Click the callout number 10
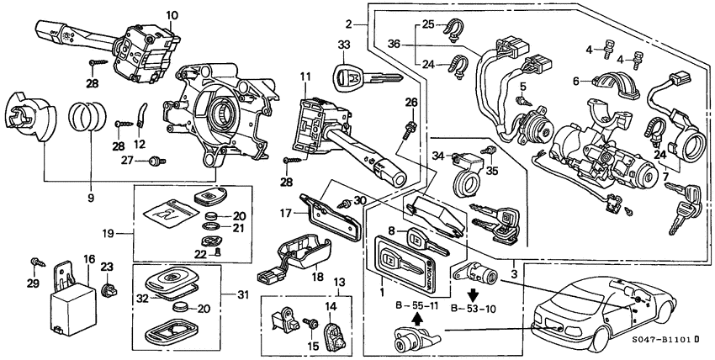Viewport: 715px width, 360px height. (172, 15)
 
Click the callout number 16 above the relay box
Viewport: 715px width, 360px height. (89, 260)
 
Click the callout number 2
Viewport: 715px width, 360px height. (348, 23)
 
